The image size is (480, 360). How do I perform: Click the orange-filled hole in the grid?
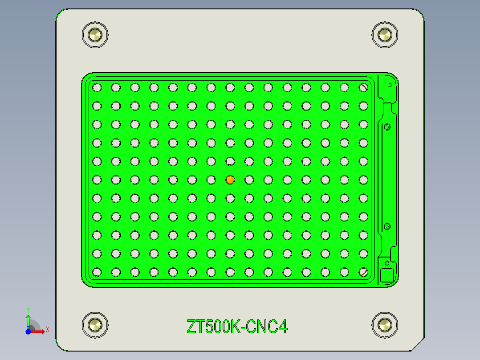point(230,180)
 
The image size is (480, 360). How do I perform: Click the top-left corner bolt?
point(95,35)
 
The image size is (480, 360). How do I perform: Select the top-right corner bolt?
point(384,35)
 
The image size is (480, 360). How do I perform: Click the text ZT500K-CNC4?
point(237,327)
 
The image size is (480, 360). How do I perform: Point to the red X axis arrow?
point(41,331)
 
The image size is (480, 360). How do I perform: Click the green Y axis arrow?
point(28,319)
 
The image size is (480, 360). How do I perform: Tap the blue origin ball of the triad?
point(28,331)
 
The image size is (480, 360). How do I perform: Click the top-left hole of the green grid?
point(97,88)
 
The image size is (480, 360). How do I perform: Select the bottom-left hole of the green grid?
point(97,271)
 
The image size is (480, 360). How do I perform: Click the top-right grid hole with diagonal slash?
point(363,88)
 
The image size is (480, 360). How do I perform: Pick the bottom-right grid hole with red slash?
point(363,271)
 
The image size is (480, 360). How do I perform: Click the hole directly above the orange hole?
point(230,161)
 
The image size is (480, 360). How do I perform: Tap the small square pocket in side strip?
point(386,276)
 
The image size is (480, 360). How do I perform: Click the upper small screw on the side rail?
point(387,127)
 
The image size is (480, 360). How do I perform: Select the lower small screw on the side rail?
point(387,226)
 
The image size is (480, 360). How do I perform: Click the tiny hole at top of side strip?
point(390,85)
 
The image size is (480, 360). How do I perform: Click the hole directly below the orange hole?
point(230,198)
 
